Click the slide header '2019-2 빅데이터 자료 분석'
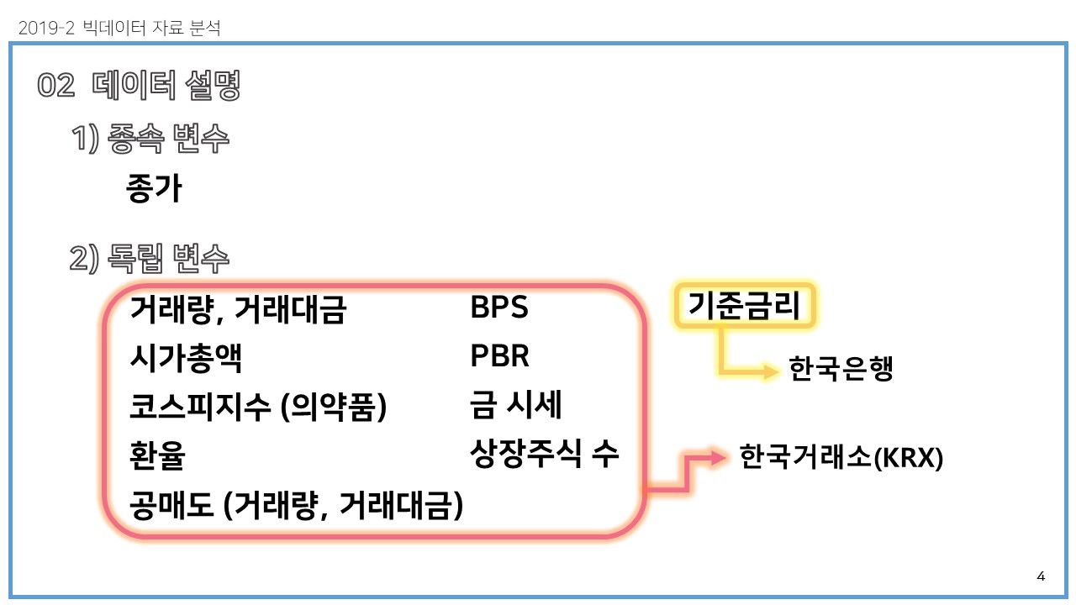coord(119,28)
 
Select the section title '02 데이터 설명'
coord(140,86)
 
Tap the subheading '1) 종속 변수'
coord(150,139)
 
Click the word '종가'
coord(153,188)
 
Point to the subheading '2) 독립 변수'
coord(150,258)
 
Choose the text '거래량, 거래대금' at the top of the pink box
coord(238,311)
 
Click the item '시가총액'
coord(186,359)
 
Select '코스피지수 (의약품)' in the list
coord(257,408)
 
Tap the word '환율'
coord(157,456)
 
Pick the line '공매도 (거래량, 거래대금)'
coord(296,505)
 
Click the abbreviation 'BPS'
coord(499,308)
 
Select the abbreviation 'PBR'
coord(499,357)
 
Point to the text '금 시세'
coord(515,406)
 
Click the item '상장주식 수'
coord(544,455)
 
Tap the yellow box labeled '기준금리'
coord(746,307)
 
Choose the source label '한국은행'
coord(841,368)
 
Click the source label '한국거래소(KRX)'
coord(841,458)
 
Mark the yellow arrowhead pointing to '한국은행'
coord(771,371)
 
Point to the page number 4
coord(1041,576)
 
